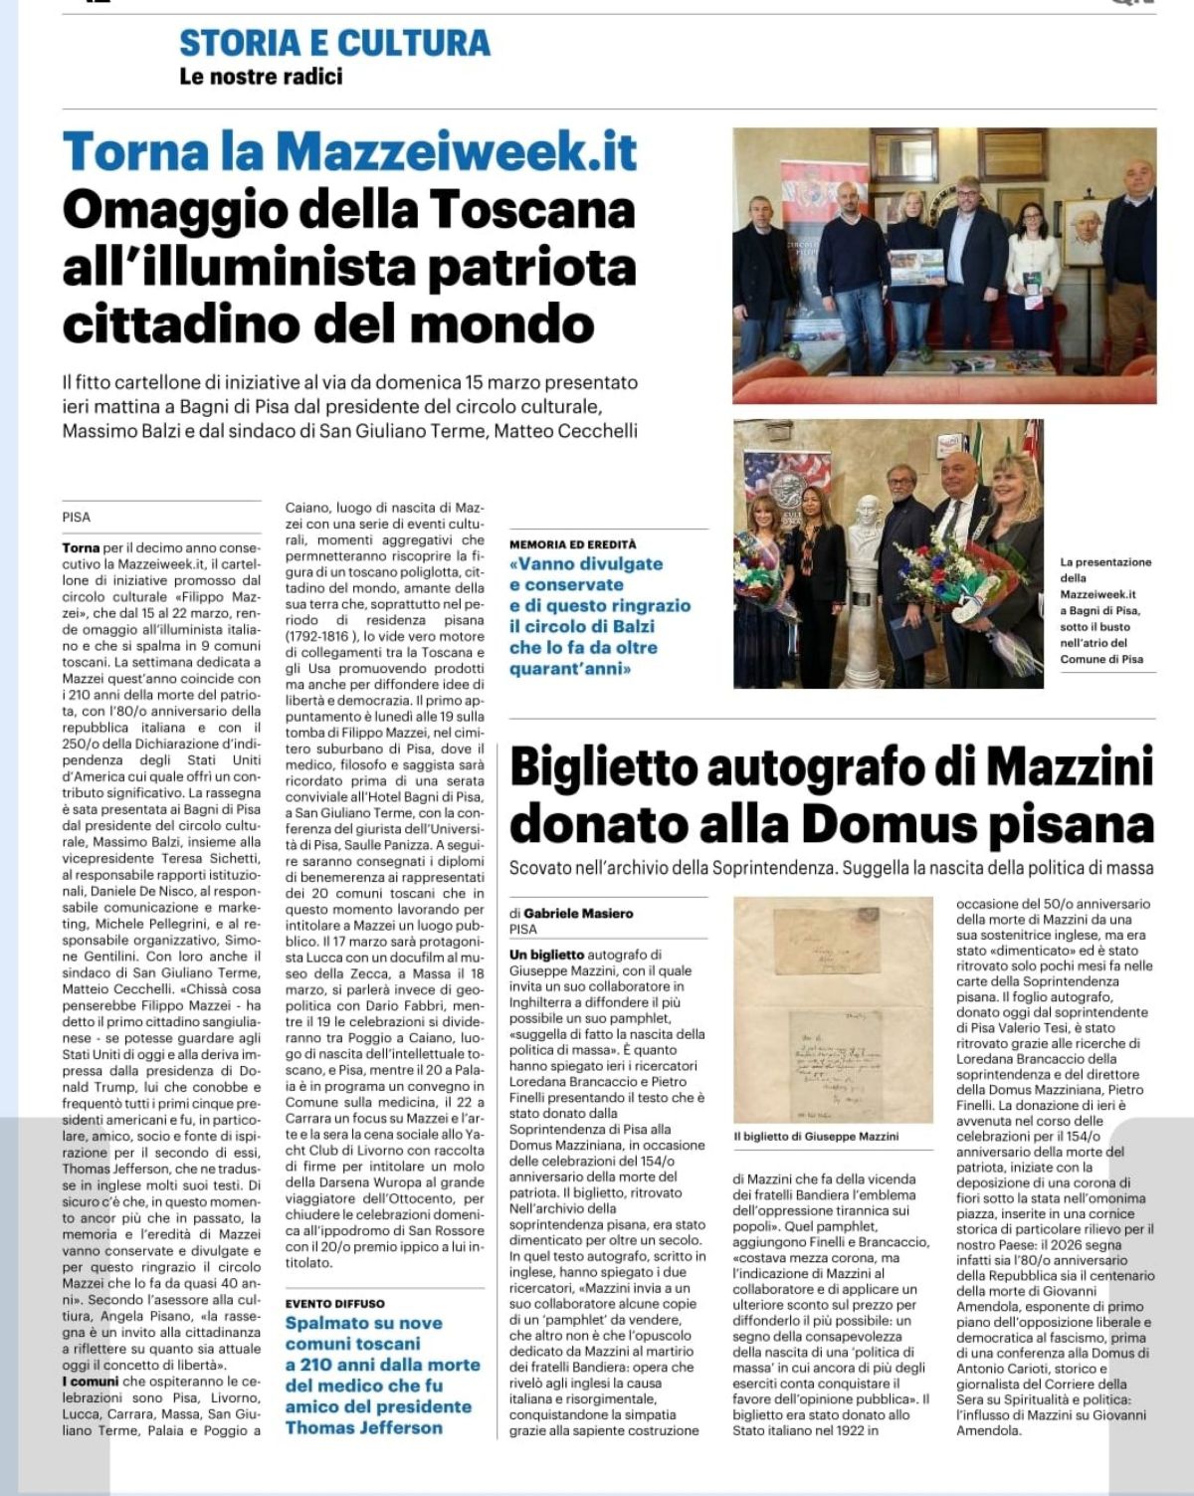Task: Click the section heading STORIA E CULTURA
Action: coord(334,43)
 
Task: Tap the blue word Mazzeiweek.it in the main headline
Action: coord(456,152)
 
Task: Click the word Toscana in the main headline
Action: coord(532,210)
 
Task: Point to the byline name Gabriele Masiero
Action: coord(578,913)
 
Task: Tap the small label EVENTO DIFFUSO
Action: coord(334,1303)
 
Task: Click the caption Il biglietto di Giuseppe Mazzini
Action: coord(816,1136)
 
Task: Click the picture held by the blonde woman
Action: coord(916,267)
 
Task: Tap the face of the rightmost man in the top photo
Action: coord(1133,179)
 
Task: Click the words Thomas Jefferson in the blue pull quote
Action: coord(364,1427)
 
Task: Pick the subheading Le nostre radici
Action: coord(261,76)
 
